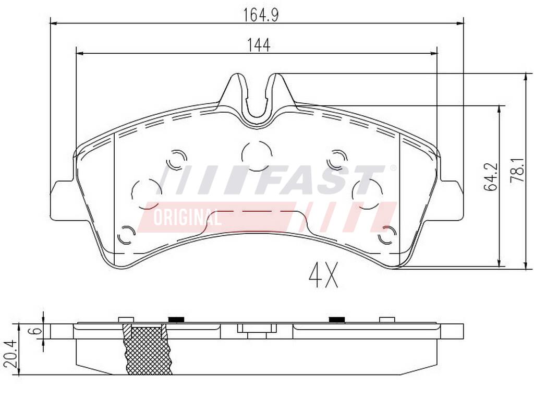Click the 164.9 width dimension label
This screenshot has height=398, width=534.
click(x=261, y=15)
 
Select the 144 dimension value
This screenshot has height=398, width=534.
click(x=259, y=45)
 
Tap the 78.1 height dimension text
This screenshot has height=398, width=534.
click(x=517, y=171)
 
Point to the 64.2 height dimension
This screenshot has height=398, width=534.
click(x=491, y=177)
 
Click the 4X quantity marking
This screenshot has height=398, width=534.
click(x=323, y=275)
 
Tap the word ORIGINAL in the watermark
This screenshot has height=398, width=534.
click(x=187, y=218)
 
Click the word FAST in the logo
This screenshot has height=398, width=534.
click(x=323, y=180)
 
